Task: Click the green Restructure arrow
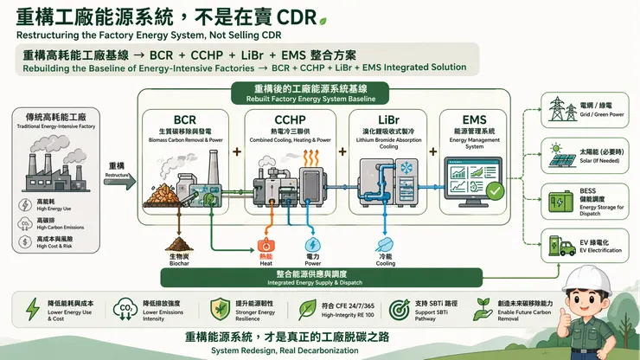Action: click(x=120, y=181)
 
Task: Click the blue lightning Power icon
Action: click(x=312, y=247)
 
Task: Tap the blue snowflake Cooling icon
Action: click(x=386, y=247)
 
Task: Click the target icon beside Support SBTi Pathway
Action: click(x=399, y=310)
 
